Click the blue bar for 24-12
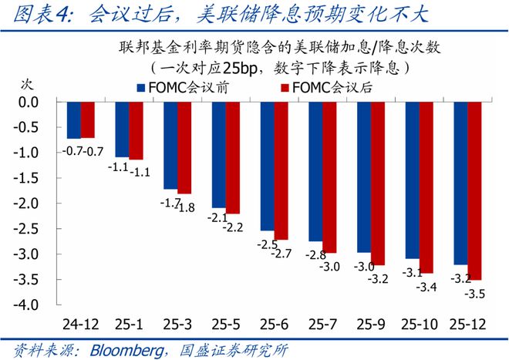coord(73,120)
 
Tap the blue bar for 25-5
coord(219,155)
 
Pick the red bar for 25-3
coord(184,147)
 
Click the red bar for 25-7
coord(329,177)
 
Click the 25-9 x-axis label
coord(371,321)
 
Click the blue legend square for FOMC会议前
coord(141,88)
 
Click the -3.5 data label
coord(477,294)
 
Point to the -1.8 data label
coord(186,207)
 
